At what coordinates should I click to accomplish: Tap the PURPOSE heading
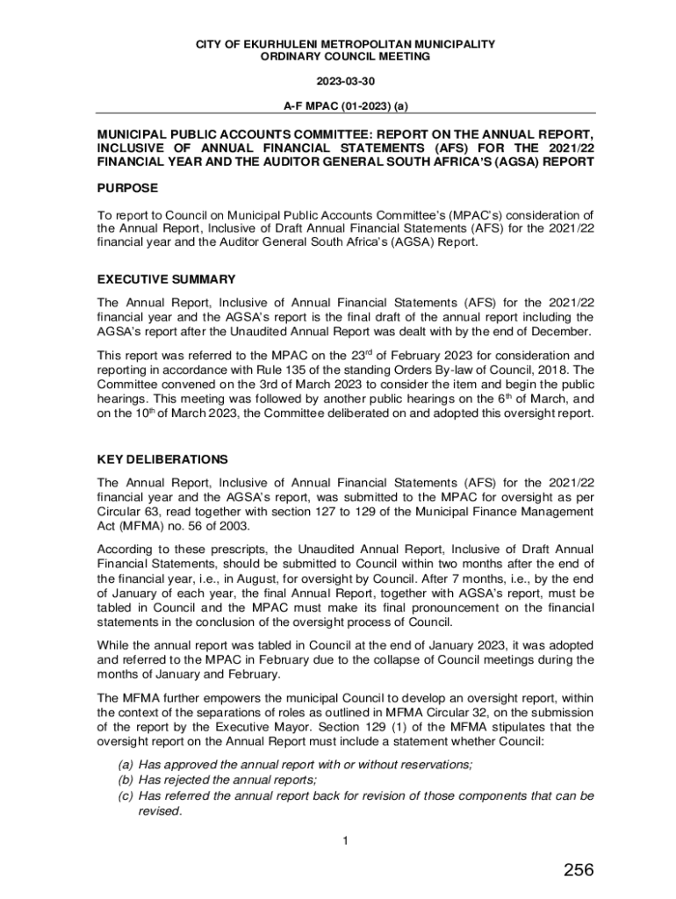(127, 188)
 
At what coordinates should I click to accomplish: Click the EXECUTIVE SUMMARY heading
(166, 279)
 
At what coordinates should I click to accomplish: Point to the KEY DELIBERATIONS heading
(162, 459)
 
